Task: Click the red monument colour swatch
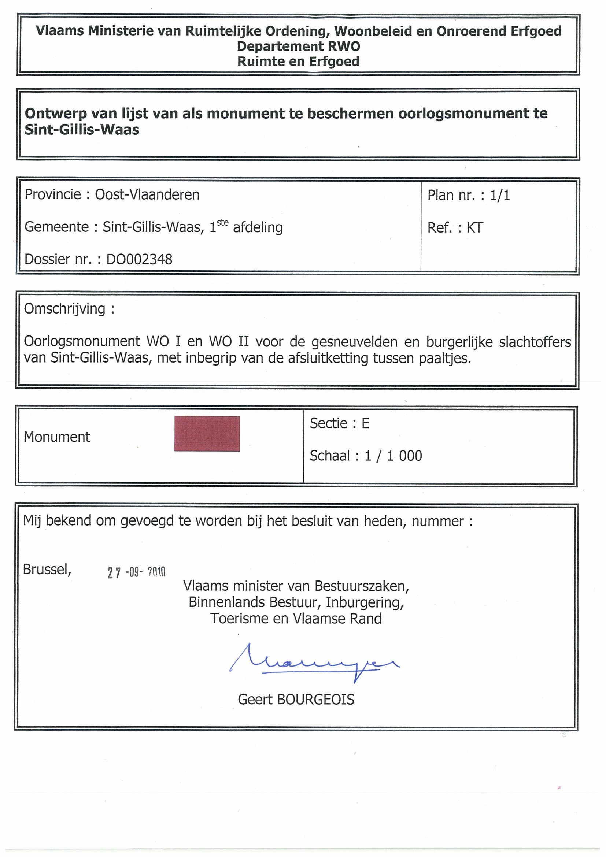[207, 433]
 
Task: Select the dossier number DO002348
[139, 259]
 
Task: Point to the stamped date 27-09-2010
[136, 572]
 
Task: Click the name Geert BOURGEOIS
[296, 699]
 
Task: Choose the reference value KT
[474, 228]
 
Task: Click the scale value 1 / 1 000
[393, 456]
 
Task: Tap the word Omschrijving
[64, 309]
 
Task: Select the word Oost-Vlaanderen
[147, 194]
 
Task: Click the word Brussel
[47, 569]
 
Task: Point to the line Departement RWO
[298, 46]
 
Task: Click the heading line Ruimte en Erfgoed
[298, 62]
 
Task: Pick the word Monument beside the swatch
[57, 437]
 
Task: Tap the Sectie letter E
[365, 423]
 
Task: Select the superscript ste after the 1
[222, 223]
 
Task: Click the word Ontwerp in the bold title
[56, 114]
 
